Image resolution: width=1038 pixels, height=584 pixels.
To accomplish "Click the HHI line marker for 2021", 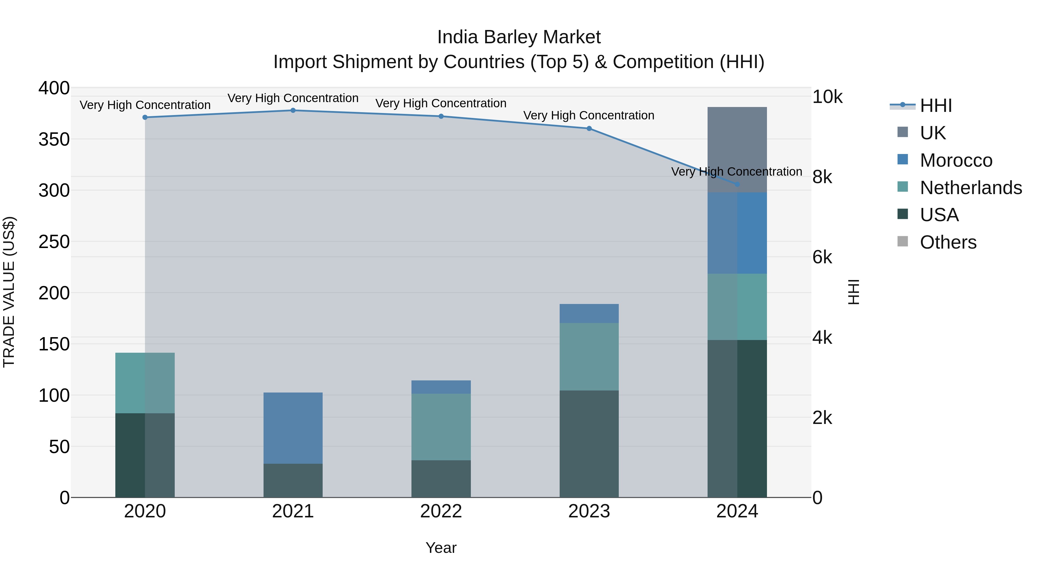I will tap(293, 110).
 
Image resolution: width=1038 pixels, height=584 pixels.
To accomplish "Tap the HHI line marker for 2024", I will tap(737, 184).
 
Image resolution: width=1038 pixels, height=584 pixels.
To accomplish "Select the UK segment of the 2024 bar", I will tap(737, 149).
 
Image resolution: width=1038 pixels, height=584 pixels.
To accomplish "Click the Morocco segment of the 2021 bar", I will tap(293, 428).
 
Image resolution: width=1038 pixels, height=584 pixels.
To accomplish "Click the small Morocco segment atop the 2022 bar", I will tap(441, 387).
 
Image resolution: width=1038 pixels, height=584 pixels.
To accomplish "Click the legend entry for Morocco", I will tap(956, 160).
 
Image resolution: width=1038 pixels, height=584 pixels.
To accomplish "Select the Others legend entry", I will tap(948, 242).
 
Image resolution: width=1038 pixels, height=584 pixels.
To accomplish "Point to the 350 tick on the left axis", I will tap(54, 140).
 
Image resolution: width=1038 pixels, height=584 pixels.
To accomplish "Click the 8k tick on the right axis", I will tap(822, 177).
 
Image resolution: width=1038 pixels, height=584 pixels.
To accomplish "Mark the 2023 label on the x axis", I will tap(589, 511).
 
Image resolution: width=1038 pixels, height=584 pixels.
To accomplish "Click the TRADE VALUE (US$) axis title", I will tap(9, 292).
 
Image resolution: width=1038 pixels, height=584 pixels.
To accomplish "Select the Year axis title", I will tap(441, 548).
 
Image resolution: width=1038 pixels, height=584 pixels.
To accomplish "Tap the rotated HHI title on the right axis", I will tap(853, 292).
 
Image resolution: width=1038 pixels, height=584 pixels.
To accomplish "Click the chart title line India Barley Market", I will tap(519, 37).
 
